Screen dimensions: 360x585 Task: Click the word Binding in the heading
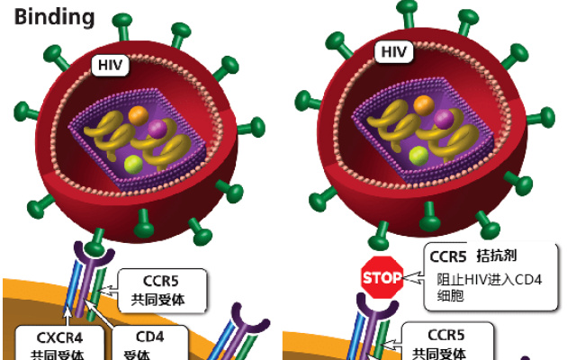pos(53,17)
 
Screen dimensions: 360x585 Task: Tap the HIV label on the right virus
pos(394,51)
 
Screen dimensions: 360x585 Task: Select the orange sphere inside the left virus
pos(138,115)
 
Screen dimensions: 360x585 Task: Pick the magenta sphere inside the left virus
pos(157,129)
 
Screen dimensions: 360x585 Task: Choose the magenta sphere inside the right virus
pos(443,119)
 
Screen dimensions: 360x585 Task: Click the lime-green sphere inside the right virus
pos(418,155)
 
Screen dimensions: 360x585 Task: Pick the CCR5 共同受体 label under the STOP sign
pos(445,342)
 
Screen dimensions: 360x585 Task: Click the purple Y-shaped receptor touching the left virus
pos(92,250)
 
